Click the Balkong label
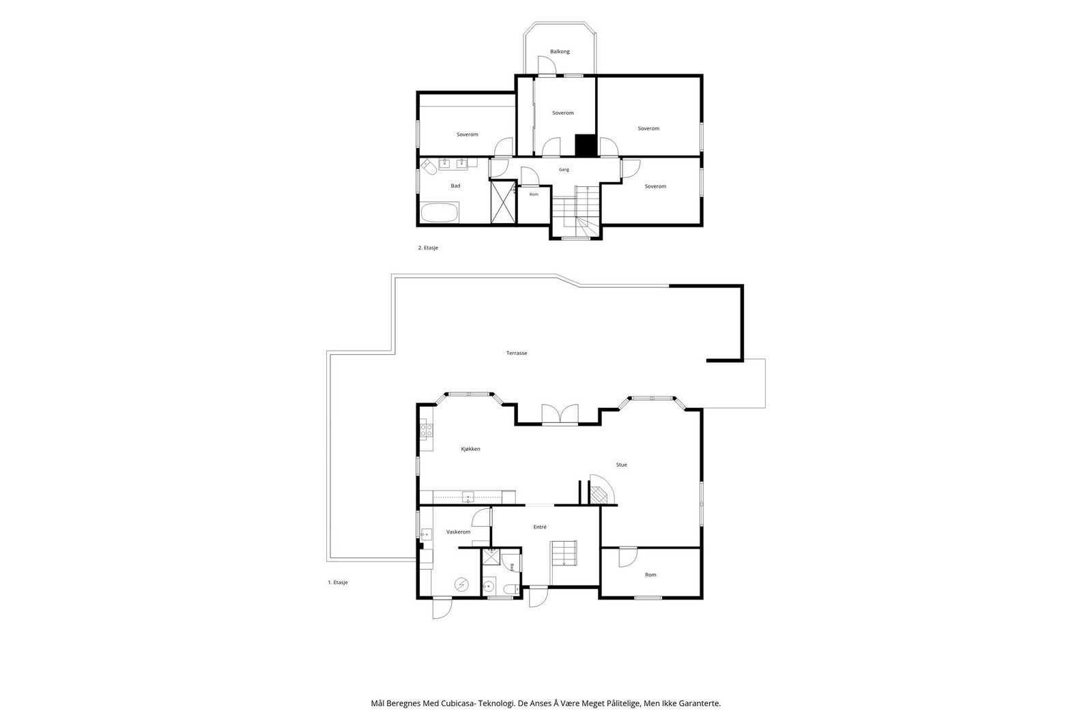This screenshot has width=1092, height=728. [x=560, y=51]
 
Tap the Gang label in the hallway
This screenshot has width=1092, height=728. [x=564, y=170]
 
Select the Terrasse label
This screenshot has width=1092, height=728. [x=517, y=353]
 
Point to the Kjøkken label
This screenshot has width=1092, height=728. [x=470, y=449]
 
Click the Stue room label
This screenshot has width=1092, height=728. [x=622, y=465]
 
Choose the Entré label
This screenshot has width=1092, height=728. [x=540, y=527]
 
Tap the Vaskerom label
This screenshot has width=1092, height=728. [x=458, y=532]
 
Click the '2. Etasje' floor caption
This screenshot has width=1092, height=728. [x=428, y=248]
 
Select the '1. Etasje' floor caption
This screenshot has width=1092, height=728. [x=338, y=582]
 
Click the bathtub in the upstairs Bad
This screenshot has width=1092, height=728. [x=440, y=213]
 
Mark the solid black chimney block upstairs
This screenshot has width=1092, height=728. [x=586, y=145]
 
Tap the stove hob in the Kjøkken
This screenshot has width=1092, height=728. [x=426, y=429]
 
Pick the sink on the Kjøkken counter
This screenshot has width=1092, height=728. [x=468, y=497]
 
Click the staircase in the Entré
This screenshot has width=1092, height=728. [x=564, y=553]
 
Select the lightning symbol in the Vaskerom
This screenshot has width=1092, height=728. [x=461, y=584]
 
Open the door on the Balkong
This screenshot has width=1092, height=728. [x=547, y=65]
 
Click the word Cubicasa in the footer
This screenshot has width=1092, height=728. [x=458, y=703]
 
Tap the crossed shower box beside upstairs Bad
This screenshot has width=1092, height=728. [x=503, y=202]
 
